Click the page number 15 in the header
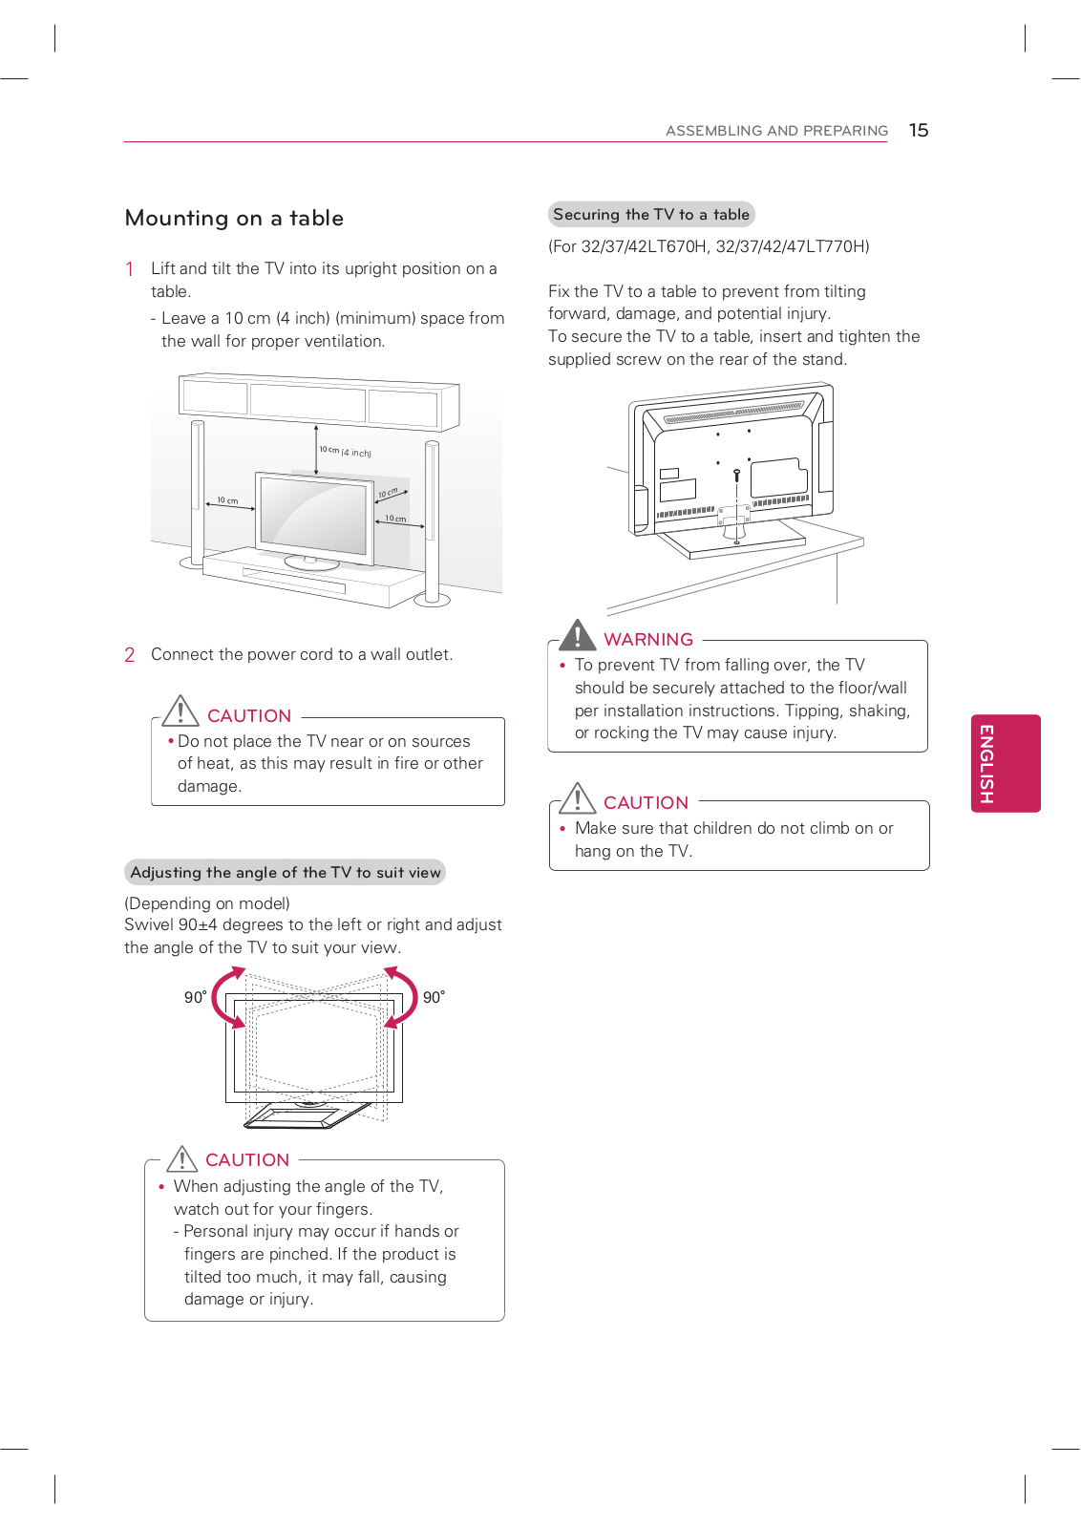[x=919, y=131]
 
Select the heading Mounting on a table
[x=234, y=219]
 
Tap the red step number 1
[x=130, y=269]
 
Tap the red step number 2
[x=130, y=655]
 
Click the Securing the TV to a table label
[x=651, y=215]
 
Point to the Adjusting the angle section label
[x=285, y=873]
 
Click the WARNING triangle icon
[x=578, y=635]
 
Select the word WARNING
[x=648, y=640]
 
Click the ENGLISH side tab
[x=1005, y=763]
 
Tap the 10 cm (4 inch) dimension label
[x=346, y=452]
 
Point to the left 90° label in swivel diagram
[x=195, y=997]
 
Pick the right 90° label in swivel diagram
[x=434, y=997]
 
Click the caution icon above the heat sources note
[x=180, y=711]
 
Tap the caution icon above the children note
[x=578, y=798]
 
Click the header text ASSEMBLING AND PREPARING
[x=776, y=131]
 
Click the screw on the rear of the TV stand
[x=736, y=475]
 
